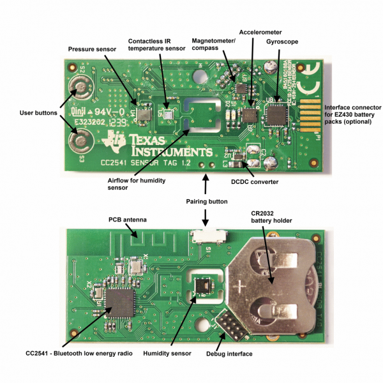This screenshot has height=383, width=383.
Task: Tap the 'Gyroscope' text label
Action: (x=278, y=41)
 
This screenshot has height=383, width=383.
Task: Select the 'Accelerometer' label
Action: (x=260, y=31)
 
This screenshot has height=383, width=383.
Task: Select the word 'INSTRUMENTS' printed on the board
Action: (x=163, y=153)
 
